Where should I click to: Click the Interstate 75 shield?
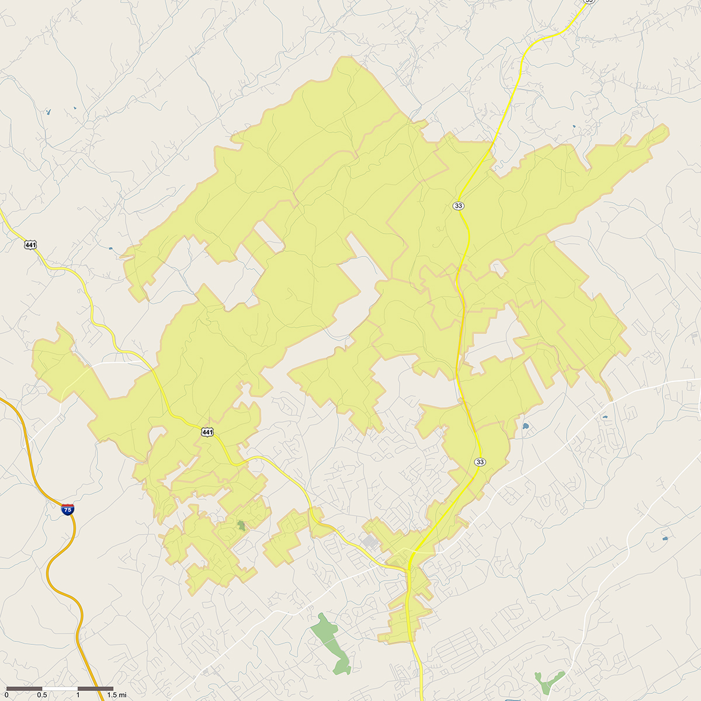tap(68, 509)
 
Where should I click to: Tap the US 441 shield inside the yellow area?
tap(207, 432)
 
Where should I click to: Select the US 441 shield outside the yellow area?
tap(30, 244)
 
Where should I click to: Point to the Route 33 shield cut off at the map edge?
tap(588, 2)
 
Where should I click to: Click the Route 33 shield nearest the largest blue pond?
tap(480, 461)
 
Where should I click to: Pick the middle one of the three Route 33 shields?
tap(458, 206)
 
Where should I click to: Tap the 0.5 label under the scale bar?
tap(41, 695)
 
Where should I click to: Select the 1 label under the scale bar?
tap(78, 695)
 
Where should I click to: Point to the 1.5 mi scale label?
tap(116, 695)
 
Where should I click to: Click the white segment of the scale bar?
tap(60, 689)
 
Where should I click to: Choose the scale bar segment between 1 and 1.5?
tap(95, 689)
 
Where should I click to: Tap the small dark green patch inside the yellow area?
tap(241, 525)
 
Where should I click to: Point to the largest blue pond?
tap(525, 426)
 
